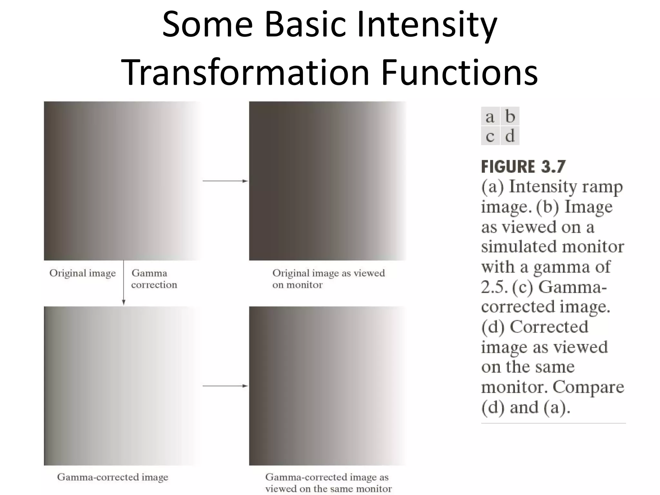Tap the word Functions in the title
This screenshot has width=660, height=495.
459,72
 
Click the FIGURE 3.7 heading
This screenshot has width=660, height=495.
523,167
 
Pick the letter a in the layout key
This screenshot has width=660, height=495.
490,117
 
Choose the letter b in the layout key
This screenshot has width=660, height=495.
510,116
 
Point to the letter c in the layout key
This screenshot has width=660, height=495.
490,136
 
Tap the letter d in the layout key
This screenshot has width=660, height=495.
510,136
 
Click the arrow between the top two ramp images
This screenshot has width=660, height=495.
225,181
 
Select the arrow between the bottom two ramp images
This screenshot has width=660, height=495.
225,386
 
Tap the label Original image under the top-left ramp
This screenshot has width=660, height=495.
82,273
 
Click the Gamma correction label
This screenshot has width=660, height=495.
154,279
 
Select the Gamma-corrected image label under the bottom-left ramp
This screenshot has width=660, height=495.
112,477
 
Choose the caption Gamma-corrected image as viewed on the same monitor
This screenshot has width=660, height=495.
328,483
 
